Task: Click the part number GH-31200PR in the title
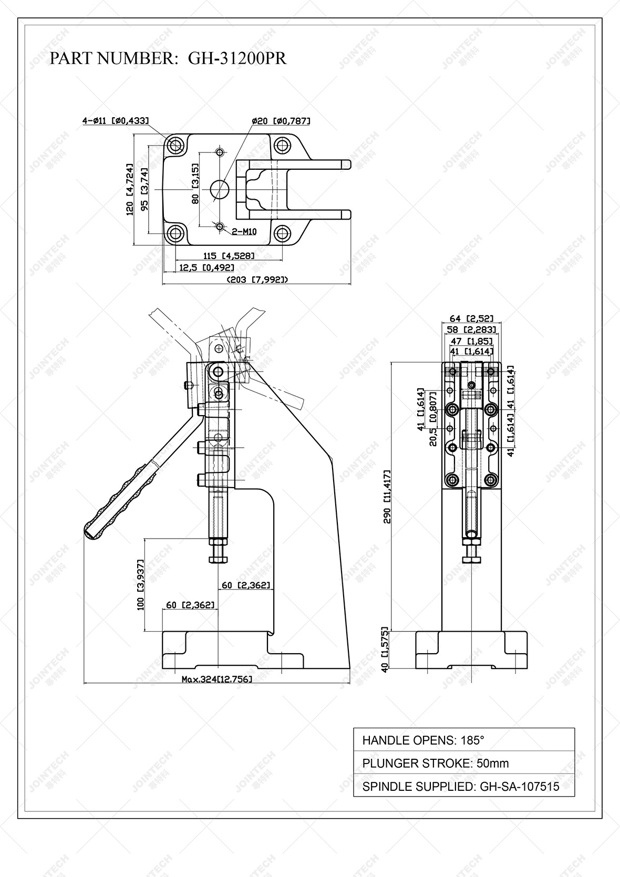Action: [x=237, y=58]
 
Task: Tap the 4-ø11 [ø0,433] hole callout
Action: [x=115, y=121]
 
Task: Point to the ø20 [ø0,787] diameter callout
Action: [x=281, y=121]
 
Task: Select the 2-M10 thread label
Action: [x=244, y=232]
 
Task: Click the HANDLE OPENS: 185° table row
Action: [x=463, y=740]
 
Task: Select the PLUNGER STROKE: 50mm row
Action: [x=463, y=763]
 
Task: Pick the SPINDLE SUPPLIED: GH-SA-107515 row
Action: [x=463, y=786]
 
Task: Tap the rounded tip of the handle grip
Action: [x=88, y=531]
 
